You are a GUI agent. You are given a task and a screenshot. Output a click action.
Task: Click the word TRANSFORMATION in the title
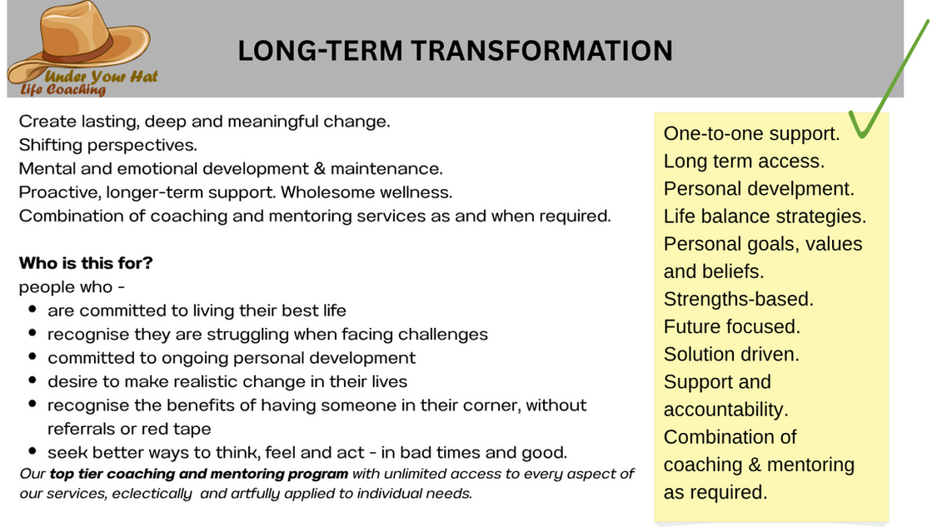(x=541, y=51)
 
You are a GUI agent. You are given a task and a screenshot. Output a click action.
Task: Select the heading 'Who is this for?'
(x=86, y=262)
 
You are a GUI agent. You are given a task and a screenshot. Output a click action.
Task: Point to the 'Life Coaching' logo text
(x=63, y=90)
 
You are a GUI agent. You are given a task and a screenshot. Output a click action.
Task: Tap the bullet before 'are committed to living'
(x=32, y=310)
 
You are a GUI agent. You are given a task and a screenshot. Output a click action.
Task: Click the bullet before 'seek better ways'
(x=32, y=451)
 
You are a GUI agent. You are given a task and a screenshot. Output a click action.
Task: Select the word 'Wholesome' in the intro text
(x=328, y=192)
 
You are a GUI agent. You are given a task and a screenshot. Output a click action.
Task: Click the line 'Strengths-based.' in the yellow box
(x=738, y=299)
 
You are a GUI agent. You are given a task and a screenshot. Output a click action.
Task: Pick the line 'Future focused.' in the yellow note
(x=732, y=326)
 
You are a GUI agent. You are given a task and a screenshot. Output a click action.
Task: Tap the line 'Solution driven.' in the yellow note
(x=731, y=354)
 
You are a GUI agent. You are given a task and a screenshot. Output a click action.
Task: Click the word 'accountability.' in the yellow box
(x=725, y=410)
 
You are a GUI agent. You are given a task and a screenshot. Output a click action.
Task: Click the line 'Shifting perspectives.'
(x=108, y=145)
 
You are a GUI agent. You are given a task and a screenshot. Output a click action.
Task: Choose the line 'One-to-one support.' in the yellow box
(x=751, y=134)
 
